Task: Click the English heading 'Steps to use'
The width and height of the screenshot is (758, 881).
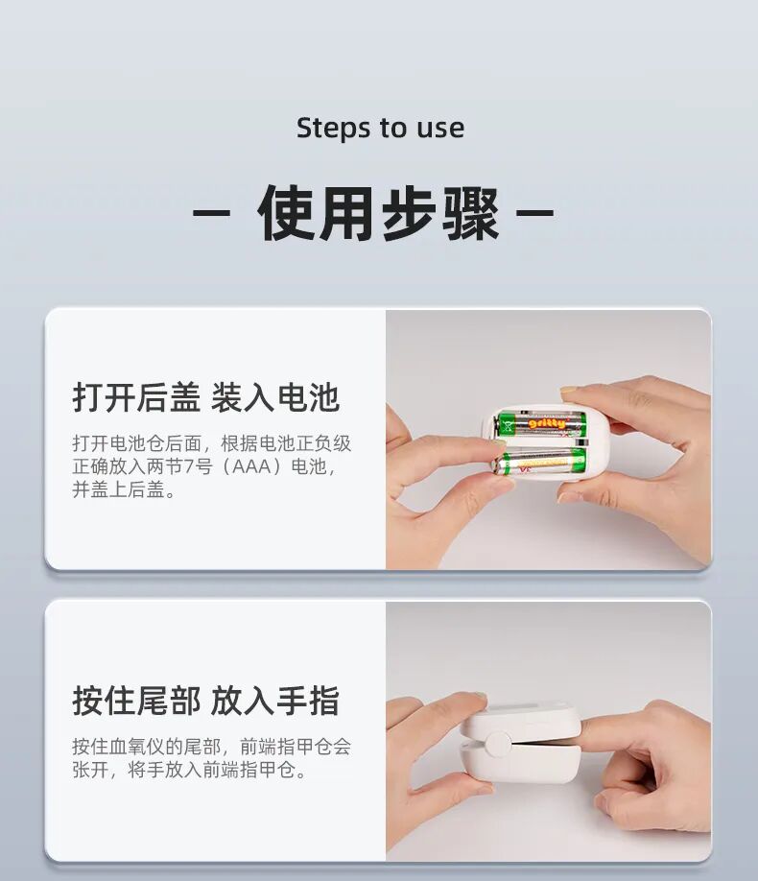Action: click(380, 128)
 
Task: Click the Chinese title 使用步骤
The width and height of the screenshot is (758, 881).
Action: click(378, 213)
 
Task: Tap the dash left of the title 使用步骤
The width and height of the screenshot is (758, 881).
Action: click(211, 213)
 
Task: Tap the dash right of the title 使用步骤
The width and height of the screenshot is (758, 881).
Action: click(535, 213)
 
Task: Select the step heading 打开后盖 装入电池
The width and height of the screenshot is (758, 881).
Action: click(206, 397)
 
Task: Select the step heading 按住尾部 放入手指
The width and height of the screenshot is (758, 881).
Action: click(206, 701)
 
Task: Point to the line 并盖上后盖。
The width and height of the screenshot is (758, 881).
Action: click(124, 490)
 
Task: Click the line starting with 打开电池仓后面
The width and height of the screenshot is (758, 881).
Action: click(212, 443)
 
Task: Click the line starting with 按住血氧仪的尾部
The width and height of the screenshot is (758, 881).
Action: click(212, 747)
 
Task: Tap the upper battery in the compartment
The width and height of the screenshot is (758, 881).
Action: click(540, 423)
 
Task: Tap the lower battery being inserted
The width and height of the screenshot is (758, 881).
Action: click(539, 461)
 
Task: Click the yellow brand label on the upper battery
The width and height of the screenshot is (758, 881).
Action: click(547, 422)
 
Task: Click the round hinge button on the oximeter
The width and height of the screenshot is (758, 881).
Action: click(497, 743)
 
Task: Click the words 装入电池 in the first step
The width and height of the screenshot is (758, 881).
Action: click(274, 397)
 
